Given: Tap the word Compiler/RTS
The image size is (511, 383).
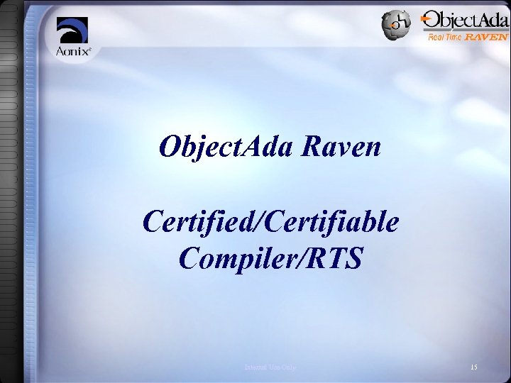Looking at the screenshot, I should pos(270,259).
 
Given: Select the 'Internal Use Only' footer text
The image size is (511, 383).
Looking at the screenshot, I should pos(270,367).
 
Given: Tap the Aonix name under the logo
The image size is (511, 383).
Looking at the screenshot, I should pos(70,52).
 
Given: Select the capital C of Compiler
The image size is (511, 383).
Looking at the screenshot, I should pos(190,259).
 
